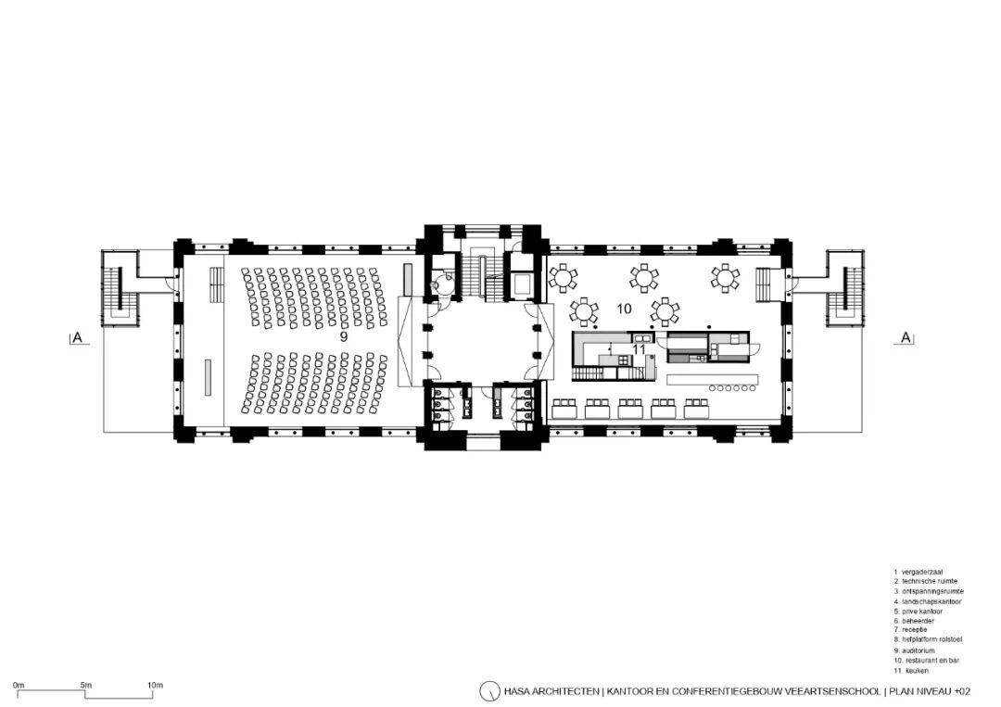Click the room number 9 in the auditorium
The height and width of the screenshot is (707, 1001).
pos(344,337)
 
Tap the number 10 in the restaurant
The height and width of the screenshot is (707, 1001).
pos(624,309)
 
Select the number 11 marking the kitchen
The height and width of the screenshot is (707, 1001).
pos(639,349)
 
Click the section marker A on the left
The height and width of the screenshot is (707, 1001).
pos(78,337)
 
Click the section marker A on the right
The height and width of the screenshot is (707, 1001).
pos(906,337)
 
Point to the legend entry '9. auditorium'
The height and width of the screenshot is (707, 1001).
pos(914,650)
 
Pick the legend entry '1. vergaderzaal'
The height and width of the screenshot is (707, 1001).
pos(918,573)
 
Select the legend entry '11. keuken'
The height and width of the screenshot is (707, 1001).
pos(911,671)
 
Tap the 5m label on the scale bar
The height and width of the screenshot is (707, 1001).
pos(86,686)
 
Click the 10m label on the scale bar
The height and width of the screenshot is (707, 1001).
pos(155,686)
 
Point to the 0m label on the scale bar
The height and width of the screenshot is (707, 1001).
pos(19,686)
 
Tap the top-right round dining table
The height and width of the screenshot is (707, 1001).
pos(725,278)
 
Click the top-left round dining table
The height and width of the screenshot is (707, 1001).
pos(563,278)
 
